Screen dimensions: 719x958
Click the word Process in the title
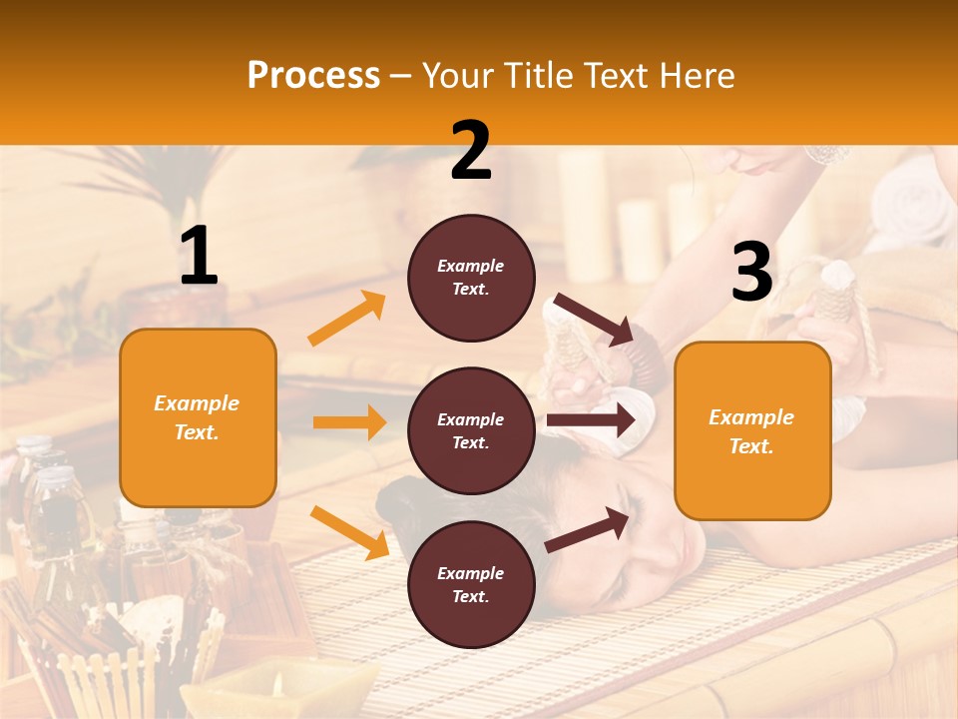click(x=313, y=76)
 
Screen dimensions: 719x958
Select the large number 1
click(x=198, y=258)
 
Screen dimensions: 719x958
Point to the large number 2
click(x=470, y=152)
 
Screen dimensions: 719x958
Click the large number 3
click(x=751, y=274)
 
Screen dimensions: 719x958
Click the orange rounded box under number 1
click(x=198, y=417)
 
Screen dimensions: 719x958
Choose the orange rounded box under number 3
click(x=751, y=431)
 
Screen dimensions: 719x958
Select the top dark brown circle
click(x=471, y=278)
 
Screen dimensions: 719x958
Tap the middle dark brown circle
click(x=471, y=430)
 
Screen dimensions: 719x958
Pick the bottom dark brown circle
click(x=471, y=584)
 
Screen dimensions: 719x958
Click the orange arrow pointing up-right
click(x=347, y=319)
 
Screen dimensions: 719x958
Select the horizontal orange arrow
click(x=349, y=422)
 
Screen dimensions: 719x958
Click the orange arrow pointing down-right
click(x=349, y=532)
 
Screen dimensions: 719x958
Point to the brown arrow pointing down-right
click(x=595, y=320)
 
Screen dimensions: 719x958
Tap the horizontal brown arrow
click(x=591, y=420)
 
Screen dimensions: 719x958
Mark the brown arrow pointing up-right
click(x=587, y=529)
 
